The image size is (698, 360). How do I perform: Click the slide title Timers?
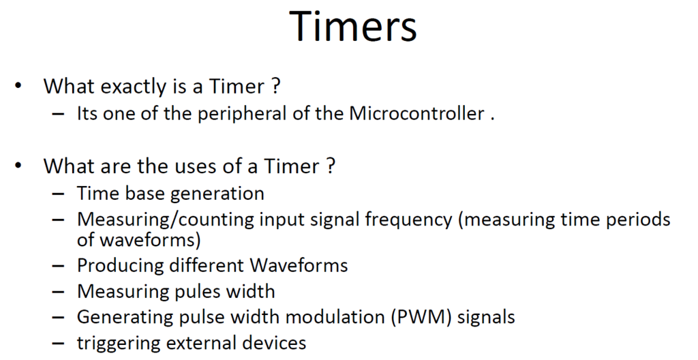[354, 27]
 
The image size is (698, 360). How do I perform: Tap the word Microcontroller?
[416, 114]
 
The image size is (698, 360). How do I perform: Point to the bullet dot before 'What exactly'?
[18, 85]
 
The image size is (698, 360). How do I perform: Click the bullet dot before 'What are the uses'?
[18, 165]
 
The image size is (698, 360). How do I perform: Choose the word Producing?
[121, 265]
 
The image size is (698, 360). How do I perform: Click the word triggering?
[117, 344]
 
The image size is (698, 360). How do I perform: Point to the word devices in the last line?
[274, 343]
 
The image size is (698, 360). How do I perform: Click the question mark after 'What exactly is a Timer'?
[275, 86]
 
